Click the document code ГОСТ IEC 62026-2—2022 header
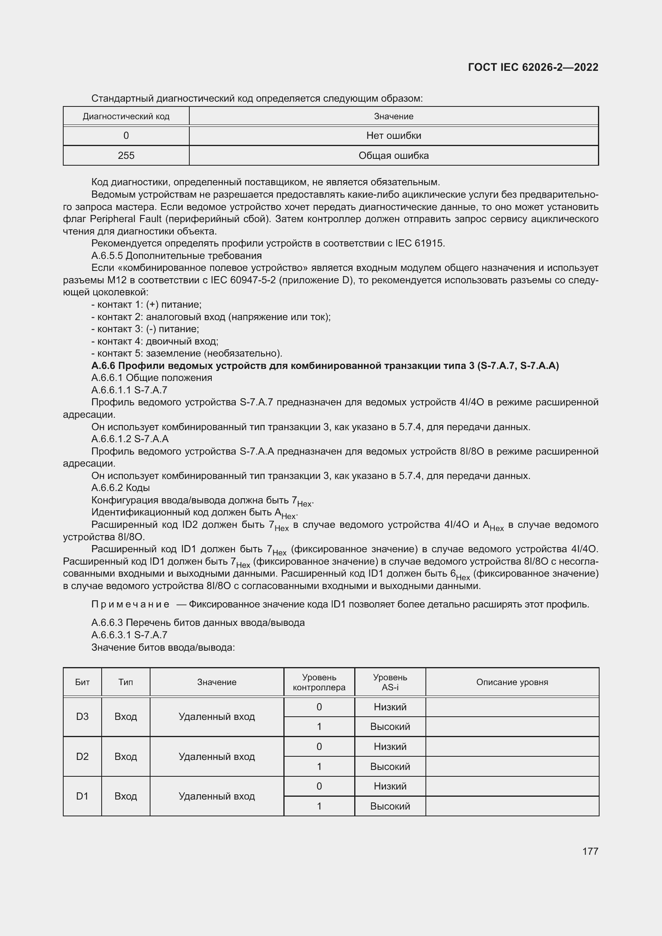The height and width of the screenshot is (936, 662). click(x=533, y=67)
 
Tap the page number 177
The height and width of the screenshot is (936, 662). click(x=590, y=851)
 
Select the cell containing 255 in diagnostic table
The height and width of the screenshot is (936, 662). click(x=126, y=156)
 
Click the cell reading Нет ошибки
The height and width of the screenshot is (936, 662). click(x=393, y=136)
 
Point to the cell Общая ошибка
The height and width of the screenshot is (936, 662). click(x=393, y=156)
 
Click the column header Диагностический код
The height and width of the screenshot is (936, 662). click(x=126, y=116)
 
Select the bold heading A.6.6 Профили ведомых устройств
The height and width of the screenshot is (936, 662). click(x=325, y=366)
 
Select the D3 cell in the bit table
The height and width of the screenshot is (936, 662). click(x=82, y=717)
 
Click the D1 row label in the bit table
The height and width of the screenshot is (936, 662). click(x=82, y=796)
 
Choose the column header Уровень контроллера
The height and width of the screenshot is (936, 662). click(x=319, y=682)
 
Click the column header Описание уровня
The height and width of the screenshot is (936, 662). click(x=512, y=682)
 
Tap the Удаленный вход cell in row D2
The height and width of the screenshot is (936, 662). click(x=217, y=757)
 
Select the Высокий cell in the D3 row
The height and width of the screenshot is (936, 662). click(x=390, y=726)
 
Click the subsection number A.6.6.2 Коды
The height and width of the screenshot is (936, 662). click(x=120, y=487)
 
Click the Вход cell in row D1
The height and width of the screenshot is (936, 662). click(x=126, y=796)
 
